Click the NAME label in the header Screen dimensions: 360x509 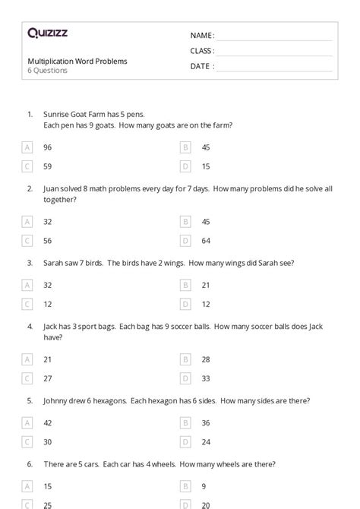201,35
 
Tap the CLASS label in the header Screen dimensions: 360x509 202,51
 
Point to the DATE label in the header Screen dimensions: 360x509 201,66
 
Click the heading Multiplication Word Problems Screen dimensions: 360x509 77,61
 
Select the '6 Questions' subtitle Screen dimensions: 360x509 48,71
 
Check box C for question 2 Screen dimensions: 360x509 28,240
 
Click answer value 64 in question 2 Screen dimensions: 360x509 206,240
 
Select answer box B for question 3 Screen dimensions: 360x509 185,285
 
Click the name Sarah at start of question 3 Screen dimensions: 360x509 53,263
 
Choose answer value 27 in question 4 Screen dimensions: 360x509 48,378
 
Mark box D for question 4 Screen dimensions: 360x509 185,378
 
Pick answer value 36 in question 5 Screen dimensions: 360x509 206,422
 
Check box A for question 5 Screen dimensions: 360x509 28,422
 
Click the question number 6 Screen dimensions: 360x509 30,463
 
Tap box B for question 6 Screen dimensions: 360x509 185,485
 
